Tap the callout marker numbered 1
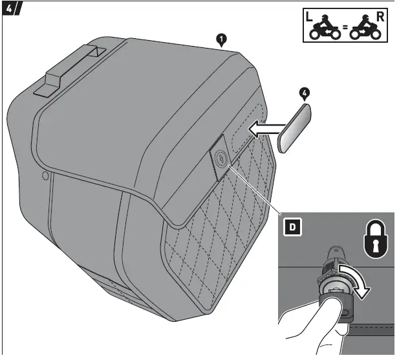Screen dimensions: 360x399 pyautogui.click(x=221, y=40)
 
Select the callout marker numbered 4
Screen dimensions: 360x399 pyautogui.click(x=305, y=93)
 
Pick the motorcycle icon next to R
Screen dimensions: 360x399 pyautogui.click(x=364, y=29)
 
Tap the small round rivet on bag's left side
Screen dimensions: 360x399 pyautogui.click(x=44, y=176)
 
